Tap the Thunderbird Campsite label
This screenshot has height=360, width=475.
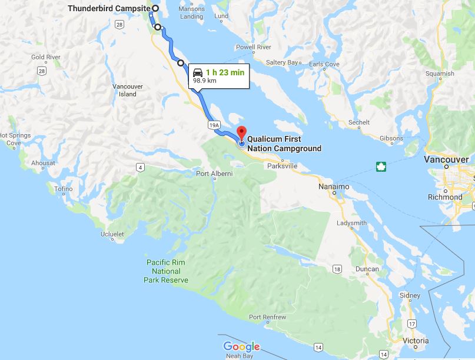(x=109, y=8)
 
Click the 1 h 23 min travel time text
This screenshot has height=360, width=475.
(x=225, y=72)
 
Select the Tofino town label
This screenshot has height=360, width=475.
(x=64, y=189)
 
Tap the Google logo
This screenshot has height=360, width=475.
(x=241, y=346)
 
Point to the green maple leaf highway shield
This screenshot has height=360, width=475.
(x=381, y=167)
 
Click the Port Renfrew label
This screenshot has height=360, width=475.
(x=267, y=317)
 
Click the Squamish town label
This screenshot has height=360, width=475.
(x=440, y=74)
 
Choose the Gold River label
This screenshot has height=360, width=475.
(x=46, y=57)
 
